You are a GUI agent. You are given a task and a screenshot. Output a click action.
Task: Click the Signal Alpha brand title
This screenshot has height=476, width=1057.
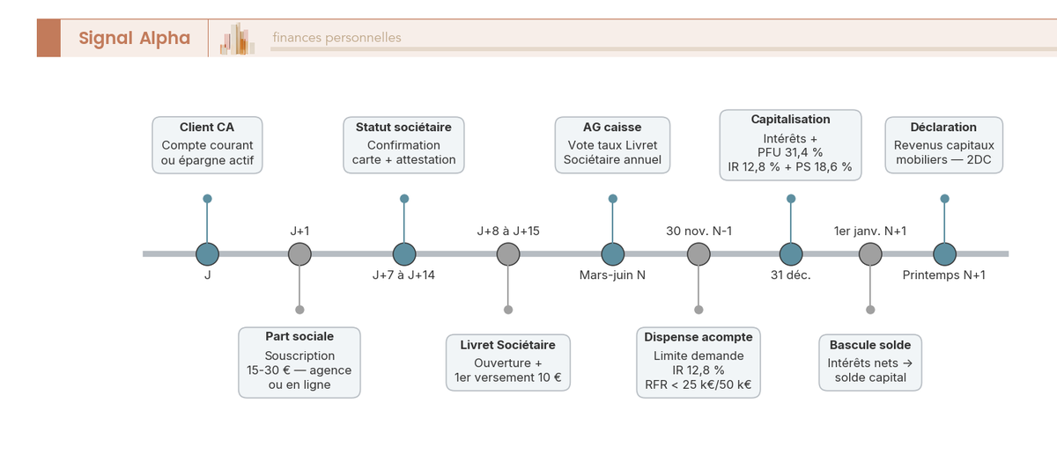click(x=135, y=38)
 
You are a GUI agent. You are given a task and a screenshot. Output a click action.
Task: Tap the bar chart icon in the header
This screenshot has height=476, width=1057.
click(x=237, y=39)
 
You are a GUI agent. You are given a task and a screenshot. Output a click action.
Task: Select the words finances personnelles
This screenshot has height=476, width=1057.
click(x=336, y=38)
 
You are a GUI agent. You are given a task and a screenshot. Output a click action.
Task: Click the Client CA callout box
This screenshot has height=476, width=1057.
click(x=207, y=145)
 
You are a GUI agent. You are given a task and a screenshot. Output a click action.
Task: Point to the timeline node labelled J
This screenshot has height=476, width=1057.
click(x=207, y=254)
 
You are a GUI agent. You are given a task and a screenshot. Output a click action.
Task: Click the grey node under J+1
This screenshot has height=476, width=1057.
click(x=299, y=254)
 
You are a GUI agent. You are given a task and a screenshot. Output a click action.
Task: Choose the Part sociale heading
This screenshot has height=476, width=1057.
click(x=299, y=336)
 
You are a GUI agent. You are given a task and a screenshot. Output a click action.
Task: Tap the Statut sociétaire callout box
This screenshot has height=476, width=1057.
click(x=403, y=145)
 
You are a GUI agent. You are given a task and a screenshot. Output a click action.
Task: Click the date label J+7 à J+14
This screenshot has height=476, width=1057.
click(x=403, y=275)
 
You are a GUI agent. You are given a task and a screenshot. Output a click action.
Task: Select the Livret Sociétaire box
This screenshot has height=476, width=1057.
click(x=507, y=362)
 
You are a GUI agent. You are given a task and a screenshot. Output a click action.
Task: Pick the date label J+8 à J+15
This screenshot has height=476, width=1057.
click(x=507, y=231)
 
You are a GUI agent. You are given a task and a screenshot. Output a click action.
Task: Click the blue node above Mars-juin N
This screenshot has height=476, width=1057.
click(x=612, y=254)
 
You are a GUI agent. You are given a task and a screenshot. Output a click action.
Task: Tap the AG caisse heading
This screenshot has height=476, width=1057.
click(x=612, y=128)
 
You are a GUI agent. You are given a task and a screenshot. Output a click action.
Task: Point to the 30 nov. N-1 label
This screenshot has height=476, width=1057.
click(x=699, y=231)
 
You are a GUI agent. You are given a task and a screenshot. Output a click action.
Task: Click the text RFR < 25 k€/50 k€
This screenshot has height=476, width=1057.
click(x=699, y=384)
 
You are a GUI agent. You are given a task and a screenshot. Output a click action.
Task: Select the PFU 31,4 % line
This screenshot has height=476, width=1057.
click(x=790, y=153)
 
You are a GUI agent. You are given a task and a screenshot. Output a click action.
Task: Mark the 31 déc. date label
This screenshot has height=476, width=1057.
click(x=790, y=275)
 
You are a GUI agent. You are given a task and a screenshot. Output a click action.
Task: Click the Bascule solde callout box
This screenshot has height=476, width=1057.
click(x=870, y=362)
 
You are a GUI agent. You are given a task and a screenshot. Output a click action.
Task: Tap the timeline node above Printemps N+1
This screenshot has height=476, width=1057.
click(x=944, y=254)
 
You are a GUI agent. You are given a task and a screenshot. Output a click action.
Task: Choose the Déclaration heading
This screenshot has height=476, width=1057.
click(x=943, y=128)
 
